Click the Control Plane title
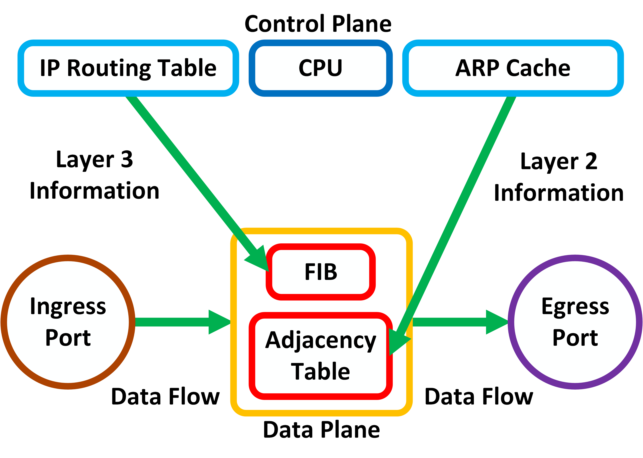318,24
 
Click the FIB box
321,272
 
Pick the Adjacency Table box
321,356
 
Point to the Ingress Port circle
68,322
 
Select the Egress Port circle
575,322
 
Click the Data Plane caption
321,430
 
